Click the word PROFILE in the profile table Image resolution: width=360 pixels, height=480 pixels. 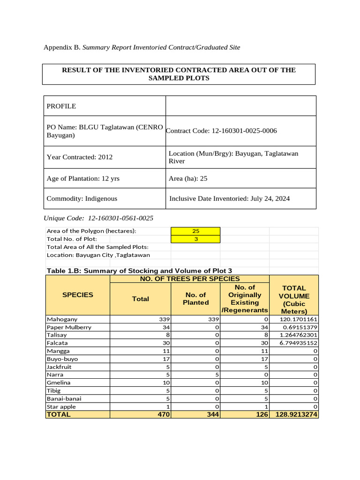(x=61, y=106)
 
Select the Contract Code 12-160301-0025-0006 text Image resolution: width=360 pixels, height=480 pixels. (x=221, y=130)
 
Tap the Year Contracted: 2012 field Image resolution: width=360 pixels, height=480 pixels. (x=80, y=157)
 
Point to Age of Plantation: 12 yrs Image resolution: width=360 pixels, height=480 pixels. (x=80, y=179)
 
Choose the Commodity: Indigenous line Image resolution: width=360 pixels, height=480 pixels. (x=82, y=198)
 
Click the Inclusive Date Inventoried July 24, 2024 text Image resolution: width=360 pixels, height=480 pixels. (x=229, y=198)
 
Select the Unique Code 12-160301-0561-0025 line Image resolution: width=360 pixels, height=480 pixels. (x=98, y=218)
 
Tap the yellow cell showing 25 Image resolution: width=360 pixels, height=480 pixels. (x=195, y=231)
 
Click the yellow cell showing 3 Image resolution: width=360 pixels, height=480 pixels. (x=195, y=239)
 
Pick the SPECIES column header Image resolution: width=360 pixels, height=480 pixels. (x=77, y=295)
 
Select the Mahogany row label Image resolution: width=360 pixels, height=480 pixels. (x=61, y=319)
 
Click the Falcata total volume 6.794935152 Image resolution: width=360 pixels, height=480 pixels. (x=295, y=343)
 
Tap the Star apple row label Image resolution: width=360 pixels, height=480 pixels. (x=61, y=406)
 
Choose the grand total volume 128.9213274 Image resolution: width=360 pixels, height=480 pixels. (x=294, y=414)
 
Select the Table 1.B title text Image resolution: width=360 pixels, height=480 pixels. (x=139, y=270)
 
